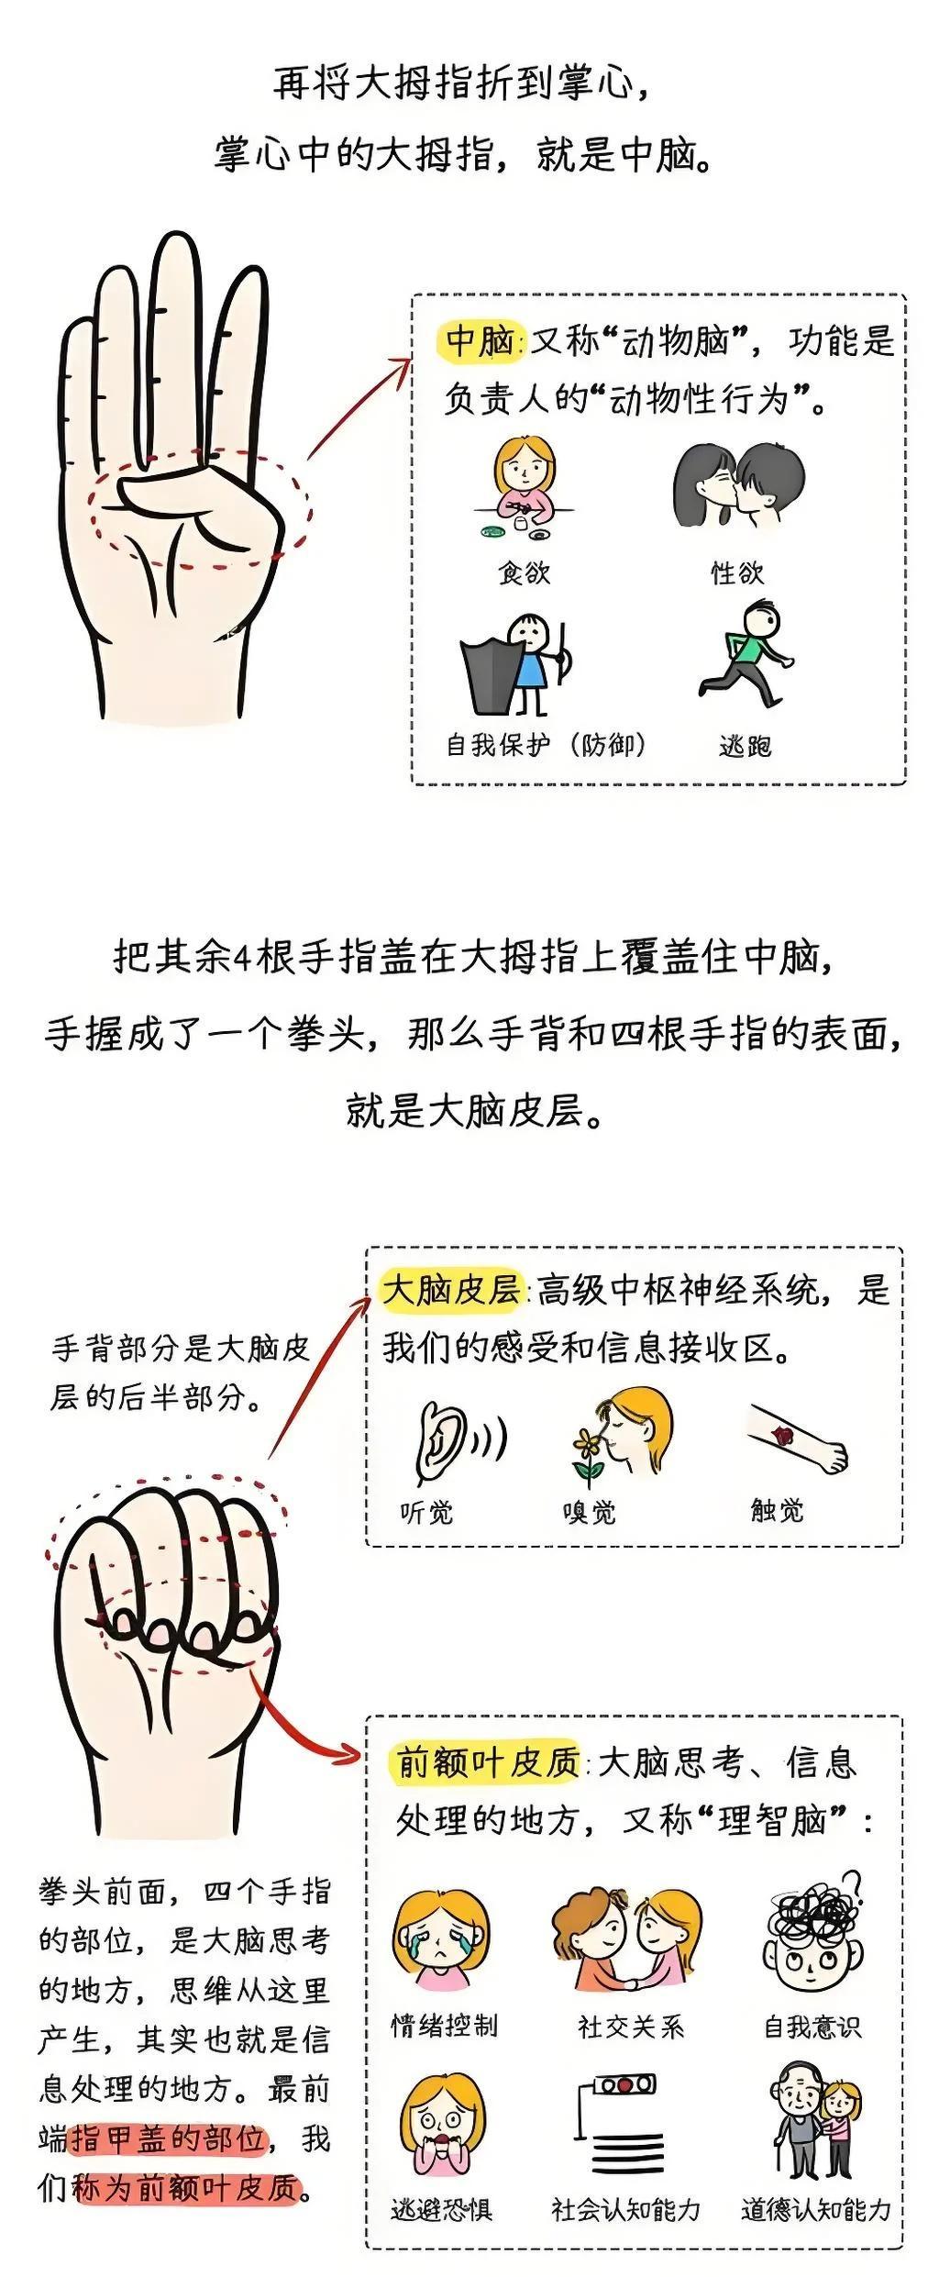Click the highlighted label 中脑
coord(479,341)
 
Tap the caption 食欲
coord(524,572)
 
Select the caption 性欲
coord(736,572)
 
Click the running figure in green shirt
coord(746,653)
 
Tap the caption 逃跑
coord(745,745)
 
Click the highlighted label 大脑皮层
coord(451,1289)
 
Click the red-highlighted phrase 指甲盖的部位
coord(168,2138)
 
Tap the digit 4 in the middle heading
coord(242,959)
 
